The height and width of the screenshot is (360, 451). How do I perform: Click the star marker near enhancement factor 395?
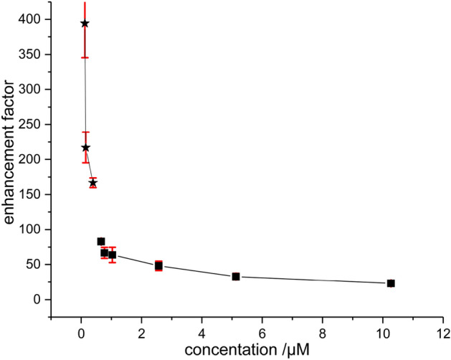click(85, 24)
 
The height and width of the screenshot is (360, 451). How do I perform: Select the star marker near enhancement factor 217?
click(86, 148)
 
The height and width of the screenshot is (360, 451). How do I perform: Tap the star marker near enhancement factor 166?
click(93, 183)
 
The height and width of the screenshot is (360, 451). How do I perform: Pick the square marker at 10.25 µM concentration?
click(391, 283)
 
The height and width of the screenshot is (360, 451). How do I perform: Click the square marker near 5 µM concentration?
click(236, 276)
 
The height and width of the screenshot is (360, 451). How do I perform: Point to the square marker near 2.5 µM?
click(158, 265)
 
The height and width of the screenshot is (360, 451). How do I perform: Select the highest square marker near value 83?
click(101, 242)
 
